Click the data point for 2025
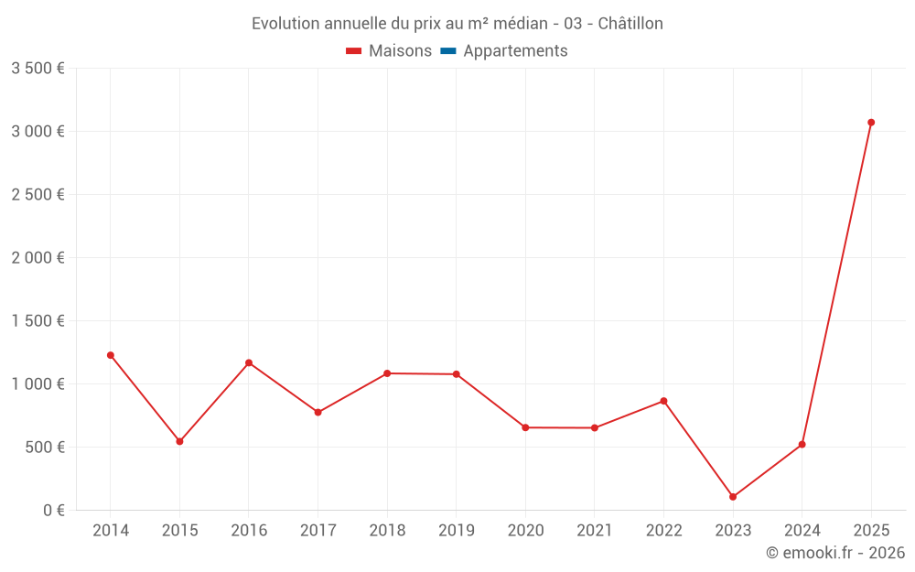[x=871, y=122]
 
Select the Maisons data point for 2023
[x=733, y=497]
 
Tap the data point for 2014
[x=111, y=355]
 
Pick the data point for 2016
[x=249, y=363]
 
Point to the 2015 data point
[x=179, y=441]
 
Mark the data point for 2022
[x=663, y=401]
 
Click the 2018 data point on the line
[x=387, y=373]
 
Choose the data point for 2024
[x=802, y=445]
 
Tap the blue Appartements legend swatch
[x=448, y=51]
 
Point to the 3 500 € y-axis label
[x=38, y=69]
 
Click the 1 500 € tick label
[x=38, y=321]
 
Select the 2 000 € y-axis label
[x=38, y=258]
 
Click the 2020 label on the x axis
[x=525, y=531]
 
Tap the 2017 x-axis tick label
[x=318, y=531]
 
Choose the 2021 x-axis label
[x=595, y=531]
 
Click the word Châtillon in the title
[x=630, y=24]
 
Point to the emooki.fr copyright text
[x=835, y=553]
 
